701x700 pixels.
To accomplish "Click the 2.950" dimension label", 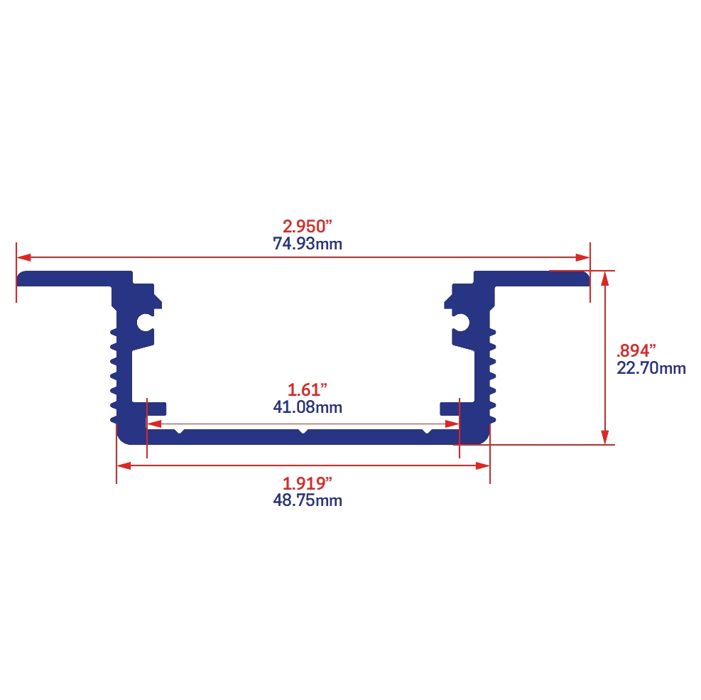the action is point(307,226).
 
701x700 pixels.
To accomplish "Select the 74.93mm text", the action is point(308,244).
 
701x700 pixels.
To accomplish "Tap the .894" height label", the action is point(636,350).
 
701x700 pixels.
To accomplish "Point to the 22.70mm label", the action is point(651,367).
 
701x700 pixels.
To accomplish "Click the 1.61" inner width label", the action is point(307,389).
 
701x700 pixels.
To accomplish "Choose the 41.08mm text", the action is point(308,407).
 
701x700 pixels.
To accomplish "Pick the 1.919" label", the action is point(307,483).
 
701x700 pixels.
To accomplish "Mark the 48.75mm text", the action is point(308,500).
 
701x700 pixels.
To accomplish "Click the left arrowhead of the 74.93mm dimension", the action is point(23,258).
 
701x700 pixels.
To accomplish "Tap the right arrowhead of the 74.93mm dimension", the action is point(582,258).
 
